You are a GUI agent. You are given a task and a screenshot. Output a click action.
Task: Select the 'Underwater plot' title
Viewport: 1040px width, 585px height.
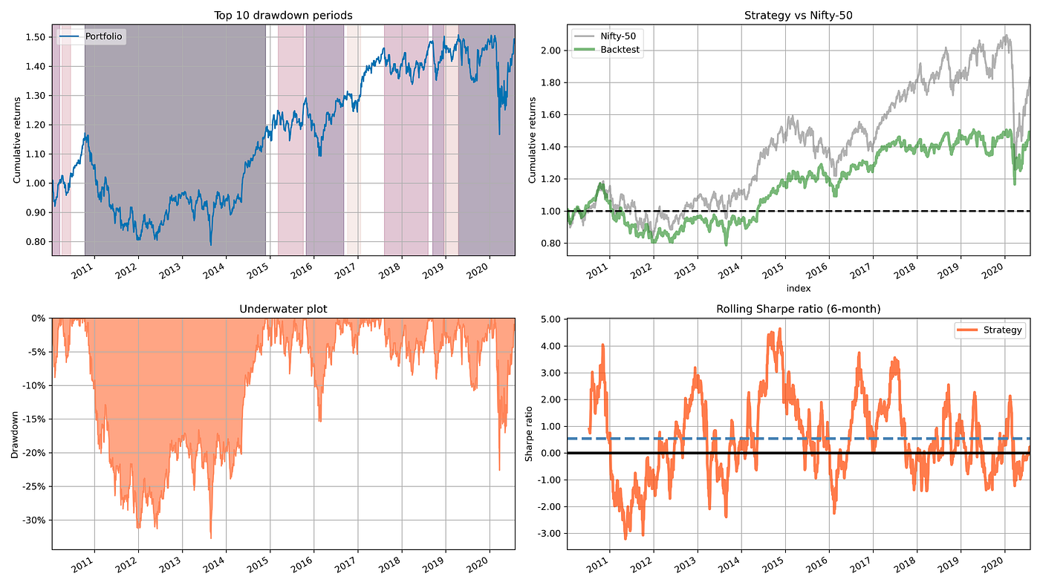click(x=284, y=309)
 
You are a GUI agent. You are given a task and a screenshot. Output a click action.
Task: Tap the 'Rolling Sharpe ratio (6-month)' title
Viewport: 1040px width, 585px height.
click(x=798, y=309)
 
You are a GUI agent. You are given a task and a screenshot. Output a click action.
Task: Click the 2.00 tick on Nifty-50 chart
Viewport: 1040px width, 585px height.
click(x=548, y=50)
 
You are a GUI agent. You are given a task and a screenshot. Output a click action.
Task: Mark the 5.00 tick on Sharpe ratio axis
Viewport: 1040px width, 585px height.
click(x=547, y=319)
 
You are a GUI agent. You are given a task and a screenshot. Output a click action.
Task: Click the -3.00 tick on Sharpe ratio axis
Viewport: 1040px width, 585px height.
click(x=545, y=533)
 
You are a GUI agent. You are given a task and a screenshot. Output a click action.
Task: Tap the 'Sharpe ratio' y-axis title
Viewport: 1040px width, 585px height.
click(x=529, y=434)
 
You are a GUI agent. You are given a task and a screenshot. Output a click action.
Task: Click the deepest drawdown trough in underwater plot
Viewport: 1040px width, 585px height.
click(x=210, y=538)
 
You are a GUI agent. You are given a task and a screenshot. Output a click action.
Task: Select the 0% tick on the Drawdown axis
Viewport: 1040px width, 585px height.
click(x=37, y=318)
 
